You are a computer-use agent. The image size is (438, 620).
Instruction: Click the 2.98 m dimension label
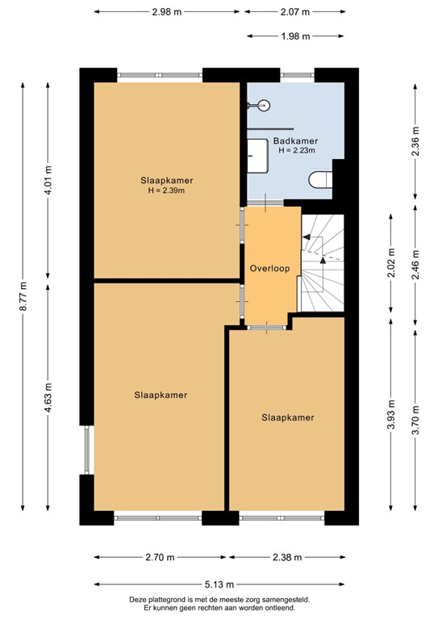167,11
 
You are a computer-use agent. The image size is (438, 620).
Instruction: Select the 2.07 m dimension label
296,11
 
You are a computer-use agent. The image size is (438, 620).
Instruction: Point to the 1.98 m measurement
296,36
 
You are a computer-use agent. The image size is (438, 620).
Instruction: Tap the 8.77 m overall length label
24,295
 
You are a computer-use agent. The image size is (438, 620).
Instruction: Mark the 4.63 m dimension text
48,400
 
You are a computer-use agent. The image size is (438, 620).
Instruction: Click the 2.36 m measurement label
415,140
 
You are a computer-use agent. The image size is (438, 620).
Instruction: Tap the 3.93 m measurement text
391,417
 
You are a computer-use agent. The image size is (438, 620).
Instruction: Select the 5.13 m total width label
219,584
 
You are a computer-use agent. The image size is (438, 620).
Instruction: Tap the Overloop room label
269,267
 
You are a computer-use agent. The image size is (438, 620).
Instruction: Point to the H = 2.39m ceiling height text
167,191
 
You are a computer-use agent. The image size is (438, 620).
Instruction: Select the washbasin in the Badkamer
258,153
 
